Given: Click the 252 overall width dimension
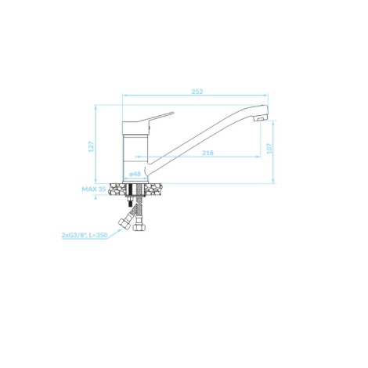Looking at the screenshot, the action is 197,92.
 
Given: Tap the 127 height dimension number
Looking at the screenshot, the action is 91,146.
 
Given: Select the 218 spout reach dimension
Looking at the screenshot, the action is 207,153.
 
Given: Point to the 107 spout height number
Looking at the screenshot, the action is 269,149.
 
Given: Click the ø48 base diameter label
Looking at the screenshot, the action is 135,174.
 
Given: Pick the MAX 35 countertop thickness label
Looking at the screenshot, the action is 94,189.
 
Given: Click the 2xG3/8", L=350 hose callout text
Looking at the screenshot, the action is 85,235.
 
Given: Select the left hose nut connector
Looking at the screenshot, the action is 124,224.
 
